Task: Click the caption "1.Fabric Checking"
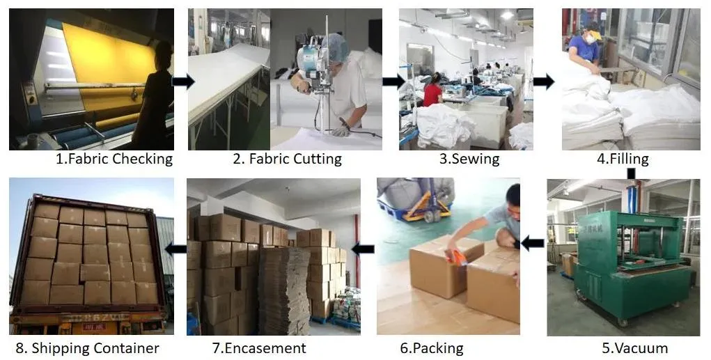coord(114,159)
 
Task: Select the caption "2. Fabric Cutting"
coord(287,159)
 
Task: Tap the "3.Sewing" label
coord(469,159)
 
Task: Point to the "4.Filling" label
coord(623,159)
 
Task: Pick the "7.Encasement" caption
coord(258,348)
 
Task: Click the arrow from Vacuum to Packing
coord(533,243)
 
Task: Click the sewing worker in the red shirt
coord(432,92)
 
